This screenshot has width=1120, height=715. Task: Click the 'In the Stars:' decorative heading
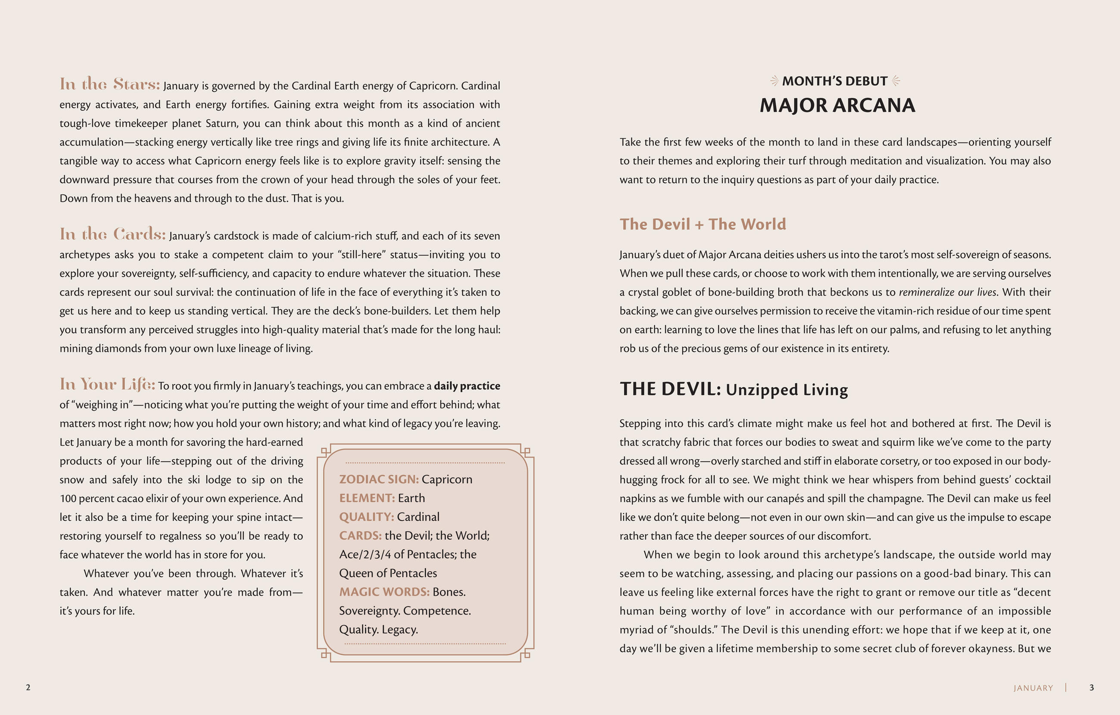pos(109,84)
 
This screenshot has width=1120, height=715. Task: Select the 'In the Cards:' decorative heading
pos(112,234)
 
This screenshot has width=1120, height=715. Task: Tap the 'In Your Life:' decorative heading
pos(107,384)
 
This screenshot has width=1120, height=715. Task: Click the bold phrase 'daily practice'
pos(467,385)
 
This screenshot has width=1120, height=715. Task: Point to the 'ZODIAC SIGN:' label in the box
pos(379,479)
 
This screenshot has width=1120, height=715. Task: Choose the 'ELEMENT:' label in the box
pos(367,498)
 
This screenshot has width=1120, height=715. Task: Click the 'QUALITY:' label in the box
pos(366,517)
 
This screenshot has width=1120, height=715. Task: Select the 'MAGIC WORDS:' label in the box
pos(384,592)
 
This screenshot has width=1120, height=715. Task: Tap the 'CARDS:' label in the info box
pos(360,535)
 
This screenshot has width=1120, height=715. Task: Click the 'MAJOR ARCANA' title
pos(837,106)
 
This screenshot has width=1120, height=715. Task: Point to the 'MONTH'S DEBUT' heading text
pos(834,81)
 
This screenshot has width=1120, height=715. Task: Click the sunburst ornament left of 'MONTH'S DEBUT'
pos(774,81)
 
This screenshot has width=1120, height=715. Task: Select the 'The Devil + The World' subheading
pos(702,224)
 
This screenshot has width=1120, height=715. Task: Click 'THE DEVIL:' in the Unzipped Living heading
pos(670,389)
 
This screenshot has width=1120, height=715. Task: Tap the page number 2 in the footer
pos(28,687)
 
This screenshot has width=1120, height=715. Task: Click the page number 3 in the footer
pos(1091,687)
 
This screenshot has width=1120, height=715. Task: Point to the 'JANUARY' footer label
pos(1033,688)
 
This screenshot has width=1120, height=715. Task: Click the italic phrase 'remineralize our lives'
pos(947,292)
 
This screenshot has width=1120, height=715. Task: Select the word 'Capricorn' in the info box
pos(447,479)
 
